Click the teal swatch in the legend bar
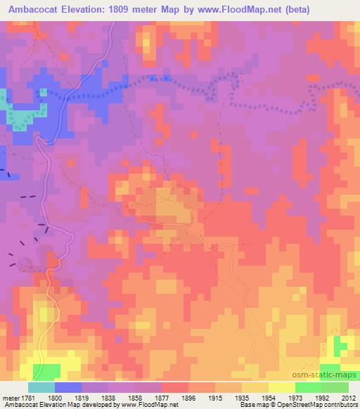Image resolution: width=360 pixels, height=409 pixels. click(41, 387)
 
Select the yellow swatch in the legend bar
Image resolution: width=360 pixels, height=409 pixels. click(282, 387)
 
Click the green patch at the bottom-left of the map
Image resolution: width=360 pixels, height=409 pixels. click(45, 370)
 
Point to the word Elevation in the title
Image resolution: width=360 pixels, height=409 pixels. click(84, 8)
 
